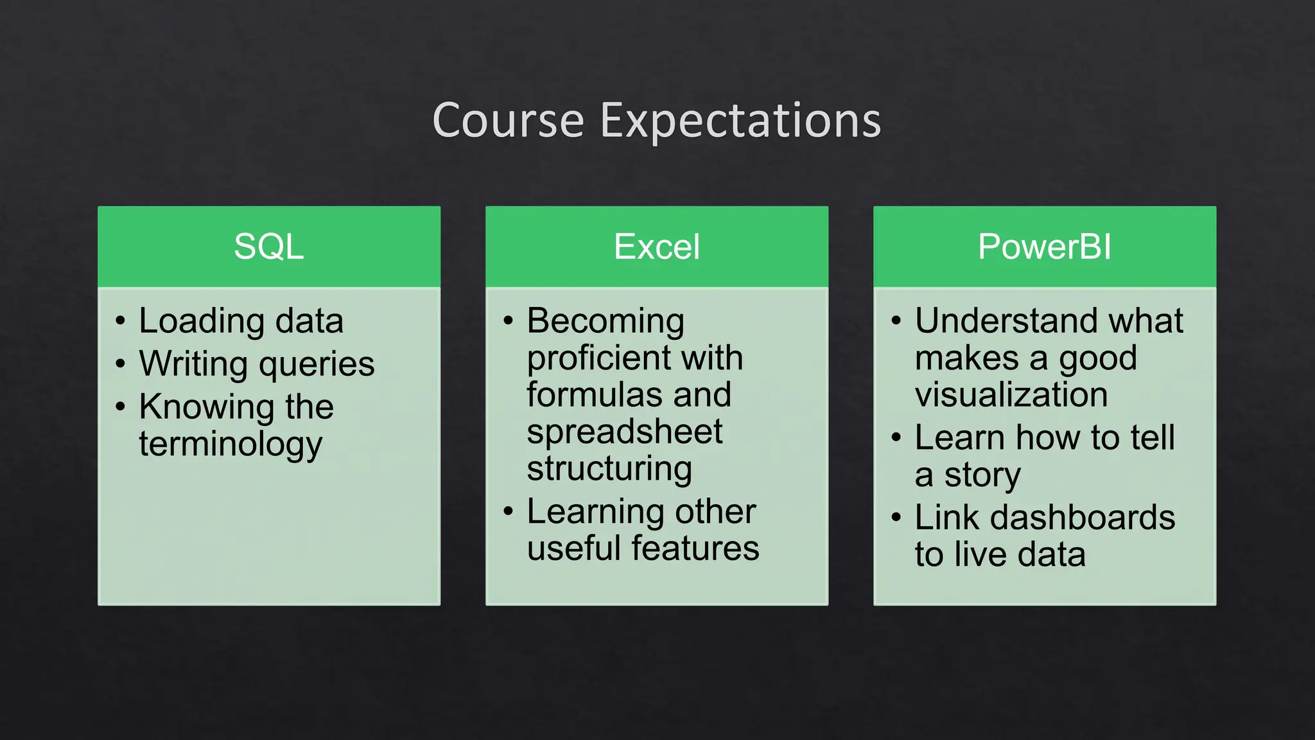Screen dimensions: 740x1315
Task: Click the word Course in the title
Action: [x=508, y=120]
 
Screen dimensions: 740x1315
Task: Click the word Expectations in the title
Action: [x=740, y=120]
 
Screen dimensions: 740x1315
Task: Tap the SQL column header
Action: [x=268, y=247]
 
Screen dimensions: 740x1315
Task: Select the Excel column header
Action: [x=656, y=247]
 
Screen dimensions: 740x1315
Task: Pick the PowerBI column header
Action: [x=1044, y=247]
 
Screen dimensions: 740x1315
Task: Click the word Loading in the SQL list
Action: [x=201, y=321]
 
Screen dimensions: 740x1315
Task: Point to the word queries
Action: [x=317, y=364]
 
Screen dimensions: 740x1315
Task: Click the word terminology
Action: [x=231, y=444]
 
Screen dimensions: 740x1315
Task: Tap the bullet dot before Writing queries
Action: [x=121, y=364]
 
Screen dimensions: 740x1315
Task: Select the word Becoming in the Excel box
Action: [x=605, y=321]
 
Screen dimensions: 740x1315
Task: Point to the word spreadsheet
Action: [x=624, y=432]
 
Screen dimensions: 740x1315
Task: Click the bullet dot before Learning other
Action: [x=509, y=511]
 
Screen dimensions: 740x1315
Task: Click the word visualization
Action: [x=1011, y=394]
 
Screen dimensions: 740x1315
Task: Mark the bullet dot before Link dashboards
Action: [x=896, y=517]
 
